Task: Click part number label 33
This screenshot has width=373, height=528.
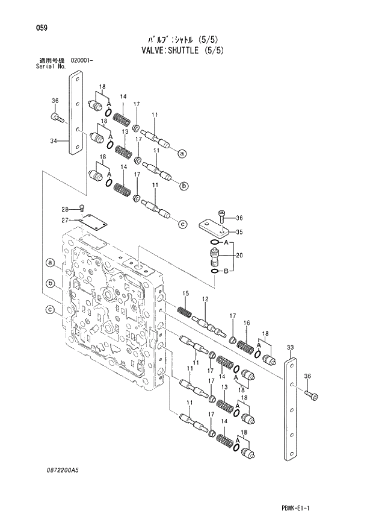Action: point(290,348)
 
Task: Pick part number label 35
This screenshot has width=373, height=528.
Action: point(239,231)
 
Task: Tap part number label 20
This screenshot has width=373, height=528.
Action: point(239,256)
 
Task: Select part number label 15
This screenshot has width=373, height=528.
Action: point(186,293)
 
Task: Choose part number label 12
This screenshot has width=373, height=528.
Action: point(205,300)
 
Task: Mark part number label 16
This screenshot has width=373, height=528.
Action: point(246,324)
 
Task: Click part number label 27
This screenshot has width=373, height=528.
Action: point(67,220)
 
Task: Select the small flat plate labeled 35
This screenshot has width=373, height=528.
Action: point(216,227)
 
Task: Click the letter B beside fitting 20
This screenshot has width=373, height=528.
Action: point(226,271)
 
